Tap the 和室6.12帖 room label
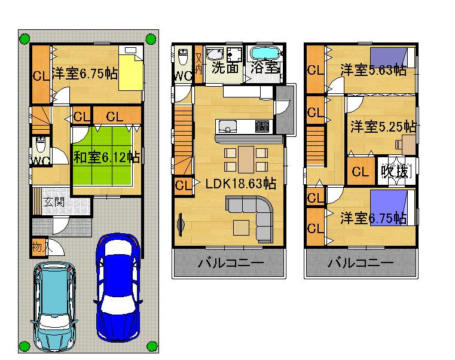[x=106, y=158]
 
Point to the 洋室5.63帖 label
[x=373, y=70]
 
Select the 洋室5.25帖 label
[x=383, y=127]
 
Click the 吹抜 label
[x=395, y=172]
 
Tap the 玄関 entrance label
[x=53, y=202]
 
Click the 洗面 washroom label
[x=225, y=68]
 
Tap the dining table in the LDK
[x=246, y=159]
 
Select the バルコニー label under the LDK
[x=227, y=264]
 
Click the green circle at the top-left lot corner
[x=25, y=39]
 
